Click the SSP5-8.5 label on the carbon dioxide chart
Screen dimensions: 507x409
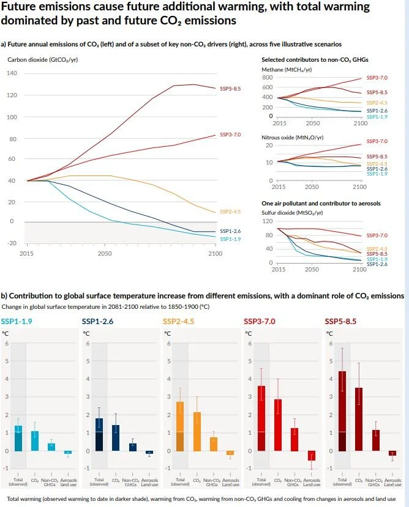[232, 89]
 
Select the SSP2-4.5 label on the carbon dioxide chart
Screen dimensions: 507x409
[232, 212]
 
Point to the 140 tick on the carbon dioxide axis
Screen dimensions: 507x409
[13, 74]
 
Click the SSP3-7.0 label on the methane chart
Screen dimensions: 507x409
[377, 78]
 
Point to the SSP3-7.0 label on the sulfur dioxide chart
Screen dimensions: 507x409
[377, 235]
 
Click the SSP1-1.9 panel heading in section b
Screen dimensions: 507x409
[16, 321]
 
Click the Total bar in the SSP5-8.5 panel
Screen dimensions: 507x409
[342, 411]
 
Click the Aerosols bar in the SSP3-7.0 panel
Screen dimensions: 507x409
[311, 456]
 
